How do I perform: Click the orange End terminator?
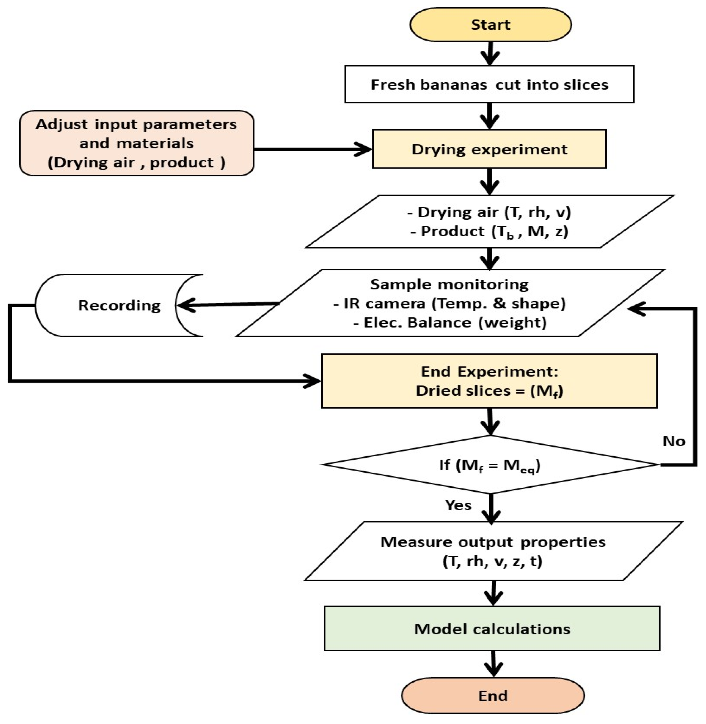(x=493, y=695)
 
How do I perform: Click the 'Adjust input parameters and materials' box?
(x=136, y=143)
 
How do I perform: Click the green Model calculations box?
(x=492, y=629)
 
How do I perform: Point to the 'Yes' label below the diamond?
(x=458, y=505)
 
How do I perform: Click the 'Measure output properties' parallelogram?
(x=493, y=551)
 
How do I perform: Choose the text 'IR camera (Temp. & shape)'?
(x=450, y=303)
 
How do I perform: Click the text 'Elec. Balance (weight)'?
(x=450, y=322)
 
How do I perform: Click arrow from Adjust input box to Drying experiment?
(x=311, y=149)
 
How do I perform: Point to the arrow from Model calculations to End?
(x=493, y=664)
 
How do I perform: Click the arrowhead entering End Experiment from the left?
(x=313, y=381)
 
